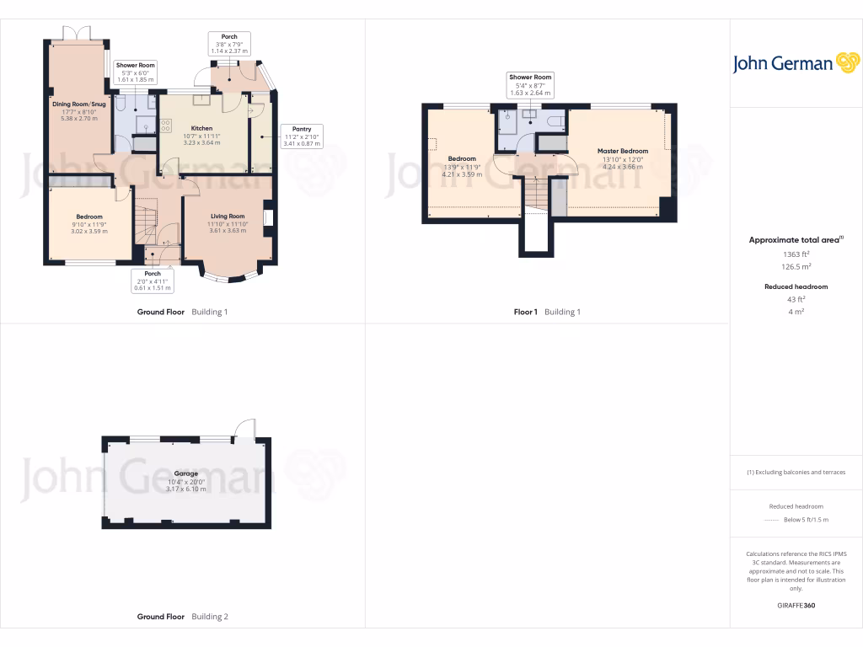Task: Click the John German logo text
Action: [782, 64]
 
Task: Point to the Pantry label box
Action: [301, 136]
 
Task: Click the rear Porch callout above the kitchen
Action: [229, 44]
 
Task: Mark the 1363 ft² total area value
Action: [796, 254]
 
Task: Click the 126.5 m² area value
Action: [796, 266]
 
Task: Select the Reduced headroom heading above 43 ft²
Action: [796, 286]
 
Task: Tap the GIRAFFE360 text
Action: [796, 606]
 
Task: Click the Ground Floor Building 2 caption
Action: [183, 617]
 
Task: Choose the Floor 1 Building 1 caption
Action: [547, 312]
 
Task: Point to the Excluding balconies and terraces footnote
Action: [796, 473]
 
